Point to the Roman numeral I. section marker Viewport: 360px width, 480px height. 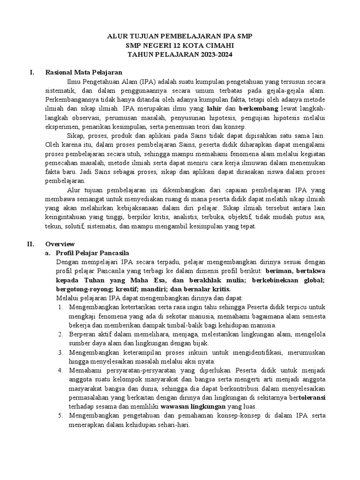coord(31,73)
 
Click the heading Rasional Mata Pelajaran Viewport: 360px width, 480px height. coord(83,73)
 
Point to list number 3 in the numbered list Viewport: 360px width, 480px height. coord(61,352)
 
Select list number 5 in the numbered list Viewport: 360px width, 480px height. coord(61,415)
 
